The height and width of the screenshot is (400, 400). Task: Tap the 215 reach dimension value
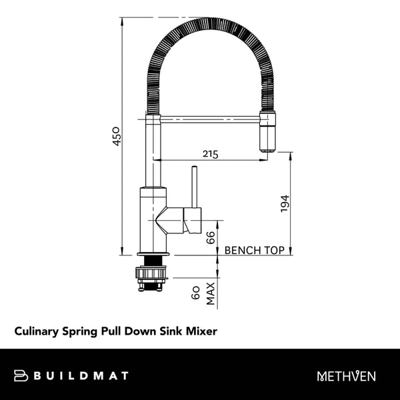pos(211,154)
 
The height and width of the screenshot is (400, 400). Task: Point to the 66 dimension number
pos(211,238)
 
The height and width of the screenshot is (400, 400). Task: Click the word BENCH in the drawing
pos(242,251)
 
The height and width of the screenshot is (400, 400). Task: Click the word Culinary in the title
pos(37,330)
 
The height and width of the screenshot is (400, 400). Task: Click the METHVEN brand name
pos(347,377)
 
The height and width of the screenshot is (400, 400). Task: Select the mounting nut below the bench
pos(152,272)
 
